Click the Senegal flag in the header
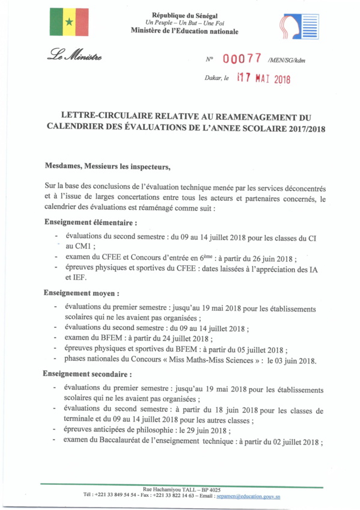point(69,23)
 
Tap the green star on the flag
point(69,23)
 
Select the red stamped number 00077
point(242,59)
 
